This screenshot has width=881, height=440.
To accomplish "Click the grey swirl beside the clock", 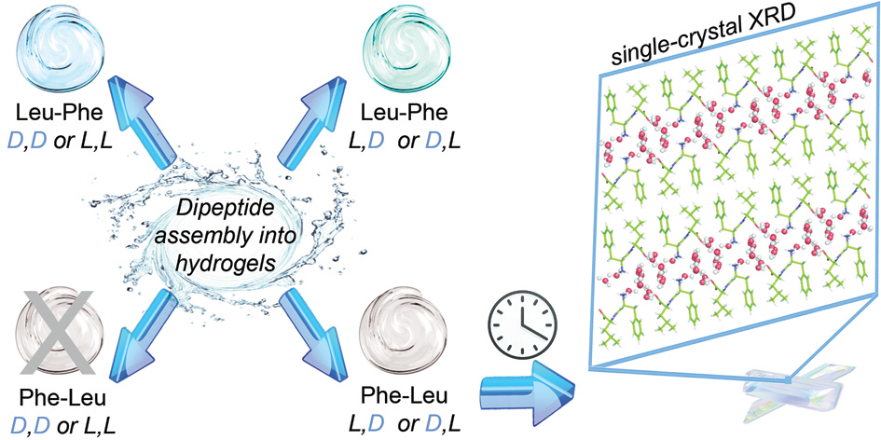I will coord(404,329).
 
